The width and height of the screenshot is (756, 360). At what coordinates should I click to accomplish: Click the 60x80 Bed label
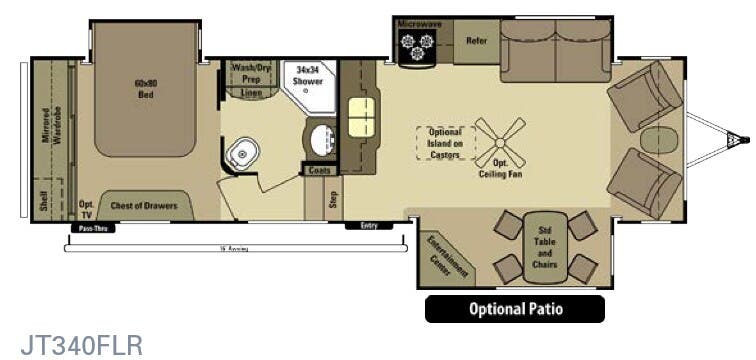click(x=146, y=89)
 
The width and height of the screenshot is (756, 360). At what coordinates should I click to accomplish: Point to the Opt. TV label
click(x=86, y=208)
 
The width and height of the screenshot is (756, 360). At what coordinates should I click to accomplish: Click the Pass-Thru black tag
click(x=89, y=229)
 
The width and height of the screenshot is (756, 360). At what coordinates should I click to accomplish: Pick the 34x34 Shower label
click(x=308, y=76)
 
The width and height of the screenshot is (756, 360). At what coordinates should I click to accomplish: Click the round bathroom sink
click(x=321, y=139)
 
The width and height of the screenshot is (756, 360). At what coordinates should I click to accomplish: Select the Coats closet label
click(x=320, y=171)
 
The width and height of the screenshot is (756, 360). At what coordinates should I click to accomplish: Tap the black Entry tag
click(x=369, y=226)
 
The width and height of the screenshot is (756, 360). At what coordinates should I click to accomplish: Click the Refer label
click(x=476, y=42)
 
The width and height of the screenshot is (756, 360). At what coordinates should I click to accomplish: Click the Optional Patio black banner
click(x=515, y=309)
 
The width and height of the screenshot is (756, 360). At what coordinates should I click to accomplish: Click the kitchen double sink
click(x=359, y=118)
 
